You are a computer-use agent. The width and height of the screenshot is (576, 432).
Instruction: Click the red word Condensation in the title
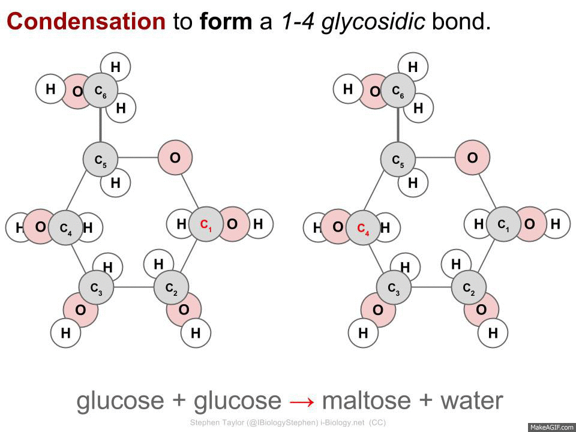[86, 22]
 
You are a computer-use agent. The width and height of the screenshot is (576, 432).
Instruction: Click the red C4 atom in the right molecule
[364, 227]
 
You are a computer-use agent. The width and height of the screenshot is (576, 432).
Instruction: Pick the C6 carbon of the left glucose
[100, 91]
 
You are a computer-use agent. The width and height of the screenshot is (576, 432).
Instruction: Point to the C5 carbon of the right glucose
[398, 160]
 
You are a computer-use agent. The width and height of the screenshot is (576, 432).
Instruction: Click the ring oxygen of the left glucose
[175, 158]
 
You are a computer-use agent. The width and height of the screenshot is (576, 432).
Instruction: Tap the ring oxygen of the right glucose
[472, 158]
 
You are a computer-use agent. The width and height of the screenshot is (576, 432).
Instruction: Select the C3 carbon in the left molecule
[97, 287]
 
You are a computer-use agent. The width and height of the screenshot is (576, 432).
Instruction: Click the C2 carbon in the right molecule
[469, 287]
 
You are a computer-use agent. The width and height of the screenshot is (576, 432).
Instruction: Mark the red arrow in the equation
[301, 401]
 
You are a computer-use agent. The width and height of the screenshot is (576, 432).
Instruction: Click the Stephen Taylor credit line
[287, 422]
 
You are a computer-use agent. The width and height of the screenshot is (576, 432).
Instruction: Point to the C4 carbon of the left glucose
[66, 227]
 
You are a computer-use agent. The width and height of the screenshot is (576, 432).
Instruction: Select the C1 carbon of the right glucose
[503, 224]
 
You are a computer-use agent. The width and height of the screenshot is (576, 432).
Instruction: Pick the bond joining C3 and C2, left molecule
[134, 287]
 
